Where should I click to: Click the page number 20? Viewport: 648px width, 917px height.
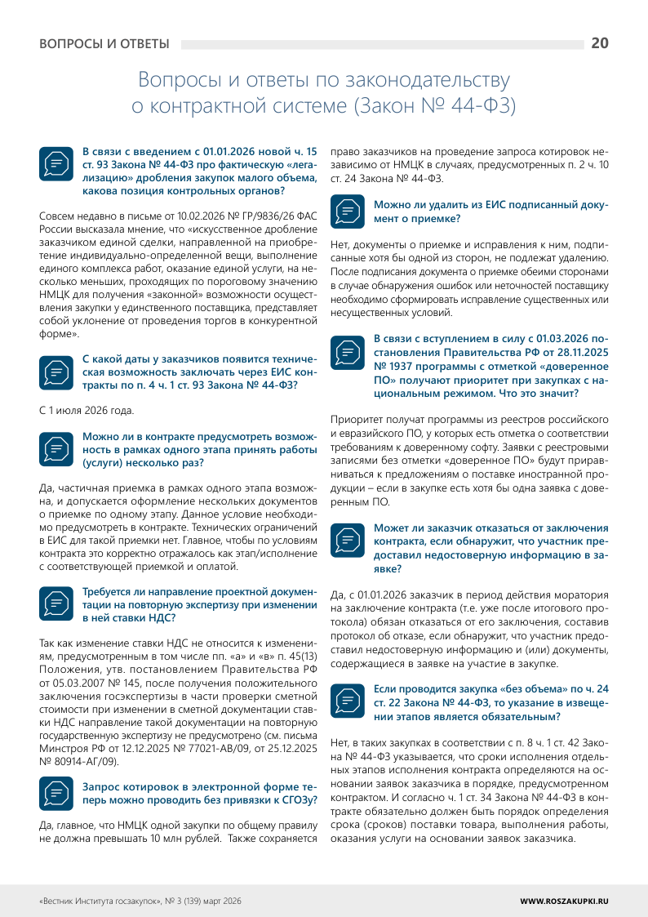pyautogui.click(x=599, y=43)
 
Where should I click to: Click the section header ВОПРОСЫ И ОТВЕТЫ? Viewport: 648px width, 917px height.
pyautogui.click(x=104, y=44)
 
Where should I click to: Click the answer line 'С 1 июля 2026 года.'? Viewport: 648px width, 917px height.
pyautogui.click(x=87, y=409)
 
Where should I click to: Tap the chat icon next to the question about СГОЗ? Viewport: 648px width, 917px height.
pyautogui.click(x=55, y=790)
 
